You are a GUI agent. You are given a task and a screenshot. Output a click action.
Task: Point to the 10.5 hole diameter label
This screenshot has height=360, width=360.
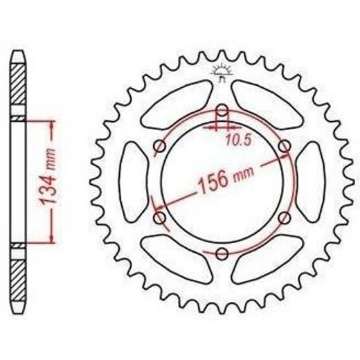(x=238, y=140)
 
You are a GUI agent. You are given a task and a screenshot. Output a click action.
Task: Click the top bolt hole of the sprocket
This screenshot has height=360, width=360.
(x=222, y=110)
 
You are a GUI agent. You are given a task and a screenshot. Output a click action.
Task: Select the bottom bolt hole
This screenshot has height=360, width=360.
(x=222, y=254)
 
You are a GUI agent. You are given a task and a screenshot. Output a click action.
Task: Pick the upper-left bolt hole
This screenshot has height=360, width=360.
(x=159, y=146)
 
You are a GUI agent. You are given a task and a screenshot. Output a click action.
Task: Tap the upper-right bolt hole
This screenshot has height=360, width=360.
(x=285, y=146)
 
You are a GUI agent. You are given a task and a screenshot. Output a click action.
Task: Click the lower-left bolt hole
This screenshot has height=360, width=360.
(x=160, y=218)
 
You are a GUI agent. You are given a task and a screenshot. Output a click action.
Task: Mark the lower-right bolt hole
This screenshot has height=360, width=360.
(x=285, y=217)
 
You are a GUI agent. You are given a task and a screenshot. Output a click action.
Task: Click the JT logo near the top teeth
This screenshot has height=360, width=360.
(x=222, y=72)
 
